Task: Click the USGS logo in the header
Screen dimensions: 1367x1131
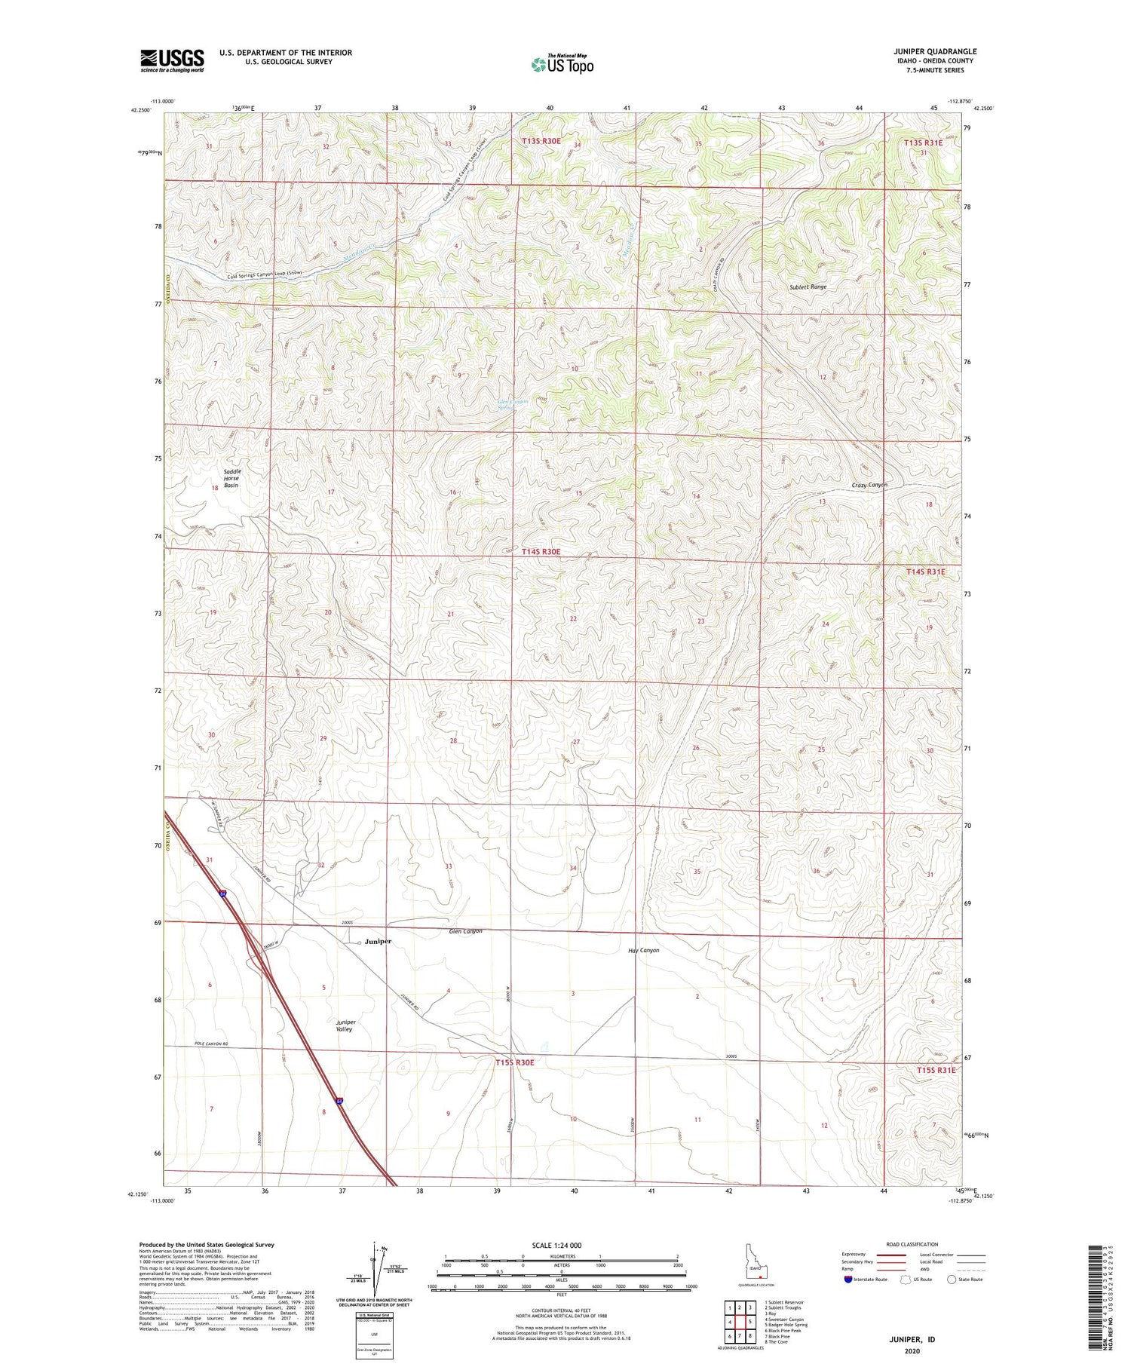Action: coord(172,60)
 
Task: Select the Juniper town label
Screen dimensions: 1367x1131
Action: coord(378,942)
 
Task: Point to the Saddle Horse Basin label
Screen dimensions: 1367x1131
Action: coord(231,478)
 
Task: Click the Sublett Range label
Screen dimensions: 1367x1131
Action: coord(808,287)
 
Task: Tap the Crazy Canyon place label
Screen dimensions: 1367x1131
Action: coord(869,485)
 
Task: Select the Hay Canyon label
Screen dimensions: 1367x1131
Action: coord(643,950)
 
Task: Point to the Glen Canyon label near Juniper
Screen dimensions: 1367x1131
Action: coord(465,931)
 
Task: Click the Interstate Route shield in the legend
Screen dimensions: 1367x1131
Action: coord(848,1280)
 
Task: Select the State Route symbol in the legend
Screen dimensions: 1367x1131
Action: coord(952,1280)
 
